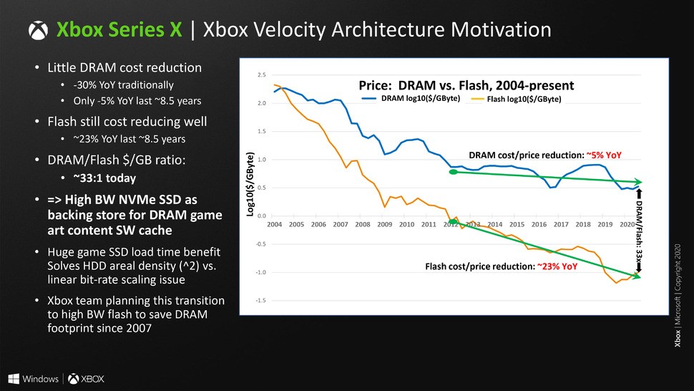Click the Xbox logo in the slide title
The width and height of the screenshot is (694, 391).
point(38,30)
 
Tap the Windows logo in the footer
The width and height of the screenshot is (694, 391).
point(14,377)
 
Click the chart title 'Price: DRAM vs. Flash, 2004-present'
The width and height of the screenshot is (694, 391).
point(466,85)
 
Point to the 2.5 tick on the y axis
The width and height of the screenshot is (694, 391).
point(263,74)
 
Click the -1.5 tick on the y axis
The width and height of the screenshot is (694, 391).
point(262,301)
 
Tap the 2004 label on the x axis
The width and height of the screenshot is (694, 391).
point(275,224)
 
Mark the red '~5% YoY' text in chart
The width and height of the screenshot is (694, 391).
point(605,154)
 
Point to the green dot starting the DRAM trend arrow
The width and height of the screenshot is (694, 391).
point(452,172)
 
